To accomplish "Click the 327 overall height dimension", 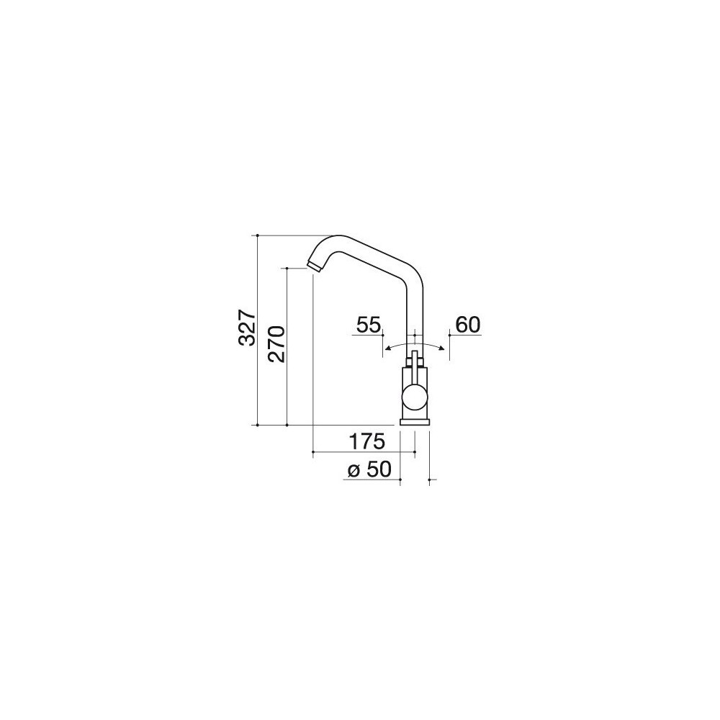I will coord(246,329).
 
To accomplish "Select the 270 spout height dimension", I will coord(276,345).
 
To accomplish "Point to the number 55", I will coord(368,325).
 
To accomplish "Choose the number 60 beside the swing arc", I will coord(467,325).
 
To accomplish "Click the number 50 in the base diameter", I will coord(379,469).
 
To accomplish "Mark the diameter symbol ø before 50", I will coord(354,471).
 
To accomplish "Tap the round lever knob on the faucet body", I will coord(414,397).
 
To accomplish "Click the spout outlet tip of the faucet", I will coord(313,266).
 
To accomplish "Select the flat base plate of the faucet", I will coord(415,421).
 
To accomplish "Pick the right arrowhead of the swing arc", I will coord(442,348).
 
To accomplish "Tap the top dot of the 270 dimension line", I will coord(287,268).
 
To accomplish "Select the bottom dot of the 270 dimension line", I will coord(287,425).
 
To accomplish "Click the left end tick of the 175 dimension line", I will coord(313,452).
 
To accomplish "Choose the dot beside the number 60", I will coord(449,336).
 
